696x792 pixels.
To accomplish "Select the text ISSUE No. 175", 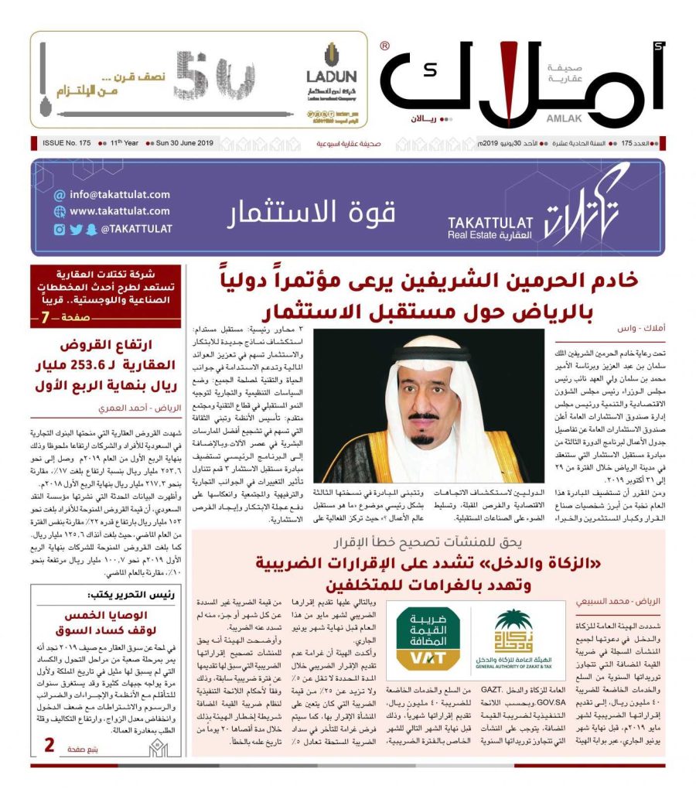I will (x=63, y=144).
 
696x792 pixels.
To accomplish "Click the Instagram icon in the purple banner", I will (x=60, y=229).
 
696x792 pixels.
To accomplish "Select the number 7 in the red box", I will (x=46, y=317).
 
